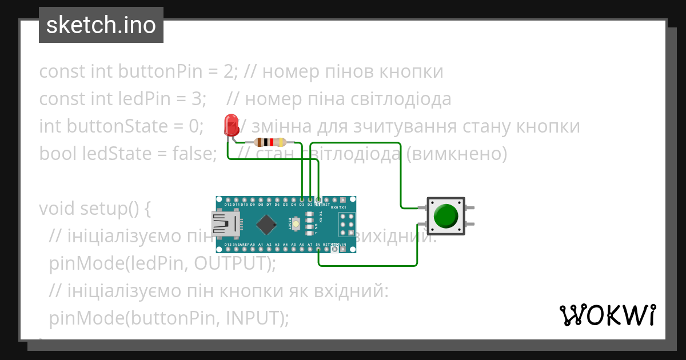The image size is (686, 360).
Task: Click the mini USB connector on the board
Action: (x=224, y=224)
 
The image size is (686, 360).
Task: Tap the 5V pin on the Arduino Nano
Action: (x=318, y=249)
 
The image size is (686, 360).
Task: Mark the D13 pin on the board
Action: (x=228, y=249)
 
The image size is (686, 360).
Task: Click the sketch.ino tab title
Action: (x=101, y=25)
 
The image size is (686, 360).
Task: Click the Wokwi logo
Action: (x=607, y=315)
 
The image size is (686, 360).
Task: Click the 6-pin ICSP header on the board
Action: (x=346, y=224)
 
